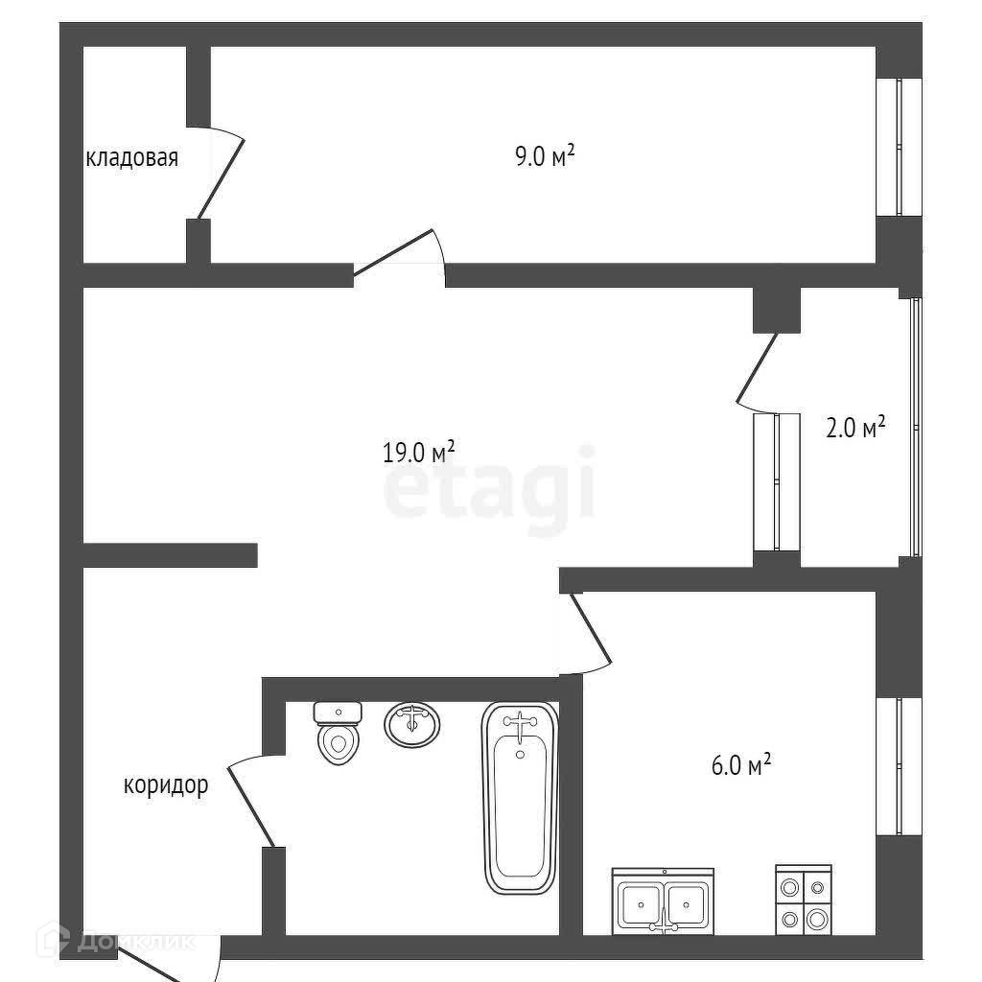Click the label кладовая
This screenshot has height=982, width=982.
coord(132,158)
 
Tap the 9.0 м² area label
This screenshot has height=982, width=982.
coord(544,155)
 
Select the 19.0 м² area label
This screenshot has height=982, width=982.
coord(418,452)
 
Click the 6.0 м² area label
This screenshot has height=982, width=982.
coord(739,765)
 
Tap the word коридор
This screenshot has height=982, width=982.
coord(166,786)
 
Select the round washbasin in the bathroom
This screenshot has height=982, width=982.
coord(412,723)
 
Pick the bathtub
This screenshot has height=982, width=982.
coord(519,797)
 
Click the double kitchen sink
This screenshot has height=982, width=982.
coord(663,900)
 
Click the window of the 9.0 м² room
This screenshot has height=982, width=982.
coord(900,147)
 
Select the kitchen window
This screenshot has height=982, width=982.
coord(900,764)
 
